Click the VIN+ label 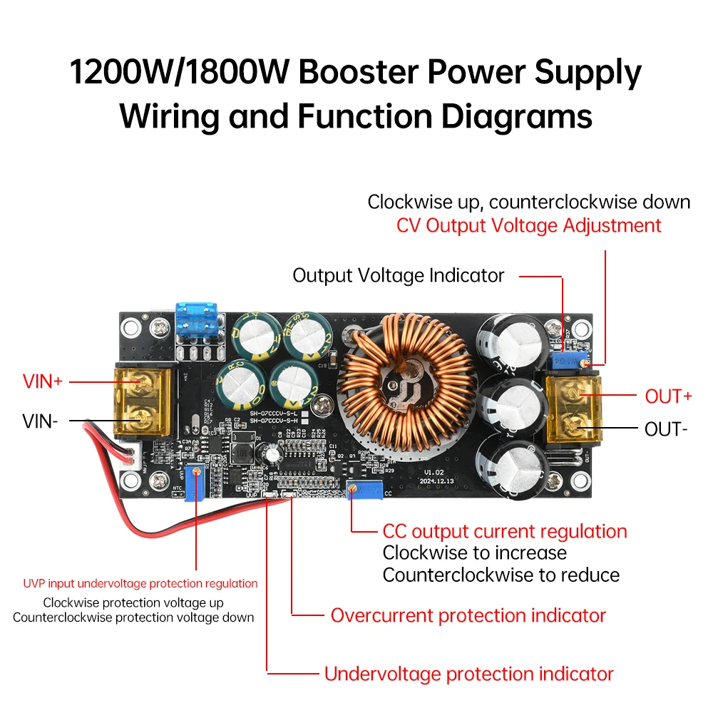point(43,381)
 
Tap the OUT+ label point(668,396)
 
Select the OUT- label point(666,429)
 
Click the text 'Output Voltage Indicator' point(398,275)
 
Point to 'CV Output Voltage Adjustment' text point(528,225)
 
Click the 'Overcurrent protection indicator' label point(468,615)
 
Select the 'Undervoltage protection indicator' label point(468,674)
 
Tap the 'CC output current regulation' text point(504,531)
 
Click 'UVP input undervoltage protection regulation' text point(140,583)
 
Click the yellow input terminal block point(144,401)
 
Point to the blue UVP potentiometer point(194,473)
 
